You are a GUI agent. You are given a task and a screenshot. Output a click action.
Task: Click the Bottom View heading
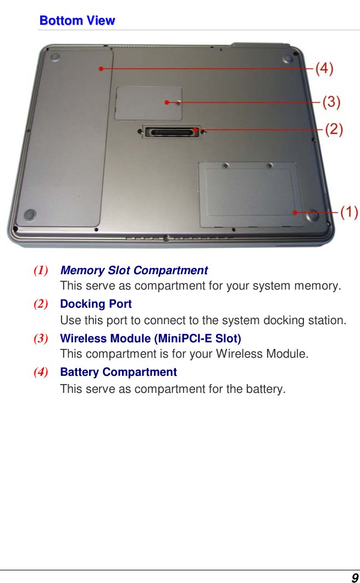77,21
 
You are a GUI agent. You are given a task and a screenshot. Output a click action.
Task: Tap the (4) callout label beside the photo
324,69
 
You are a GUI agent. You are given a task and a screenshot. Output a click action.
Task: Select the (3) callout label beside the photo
331,102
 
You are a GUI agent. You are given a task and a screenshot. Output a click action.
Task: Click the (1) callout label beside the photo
349,212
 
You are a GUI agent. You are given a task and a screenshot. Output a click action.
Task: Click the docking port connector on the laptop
173,132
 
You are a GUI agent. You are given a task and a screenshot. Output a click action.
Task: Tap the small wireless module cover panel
148,103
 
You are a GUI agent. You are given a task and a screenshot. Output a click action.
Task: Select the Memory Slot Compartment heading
134,270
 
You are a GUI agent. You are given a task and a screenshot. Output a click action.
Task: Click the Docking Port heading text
96,304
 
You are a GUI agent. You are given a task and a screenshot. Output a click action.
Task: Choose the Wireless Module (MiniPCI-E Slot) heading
150,338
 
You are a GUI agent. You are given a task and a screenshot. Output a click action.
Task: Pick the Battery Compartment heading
118,372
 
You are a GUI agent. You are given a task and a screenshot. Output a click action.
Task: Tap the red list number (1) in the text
40,270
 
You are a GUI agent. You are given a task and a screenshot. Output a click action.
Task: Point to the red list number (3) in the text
40,338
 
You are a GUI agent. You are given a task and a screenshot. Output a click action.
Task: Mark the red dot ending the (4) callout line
101,69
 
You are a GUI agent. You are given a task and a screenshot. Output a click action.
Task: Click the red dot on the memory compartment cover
295,212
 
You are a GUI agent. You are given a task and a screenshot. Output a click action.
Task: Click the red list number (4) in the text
40,372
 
